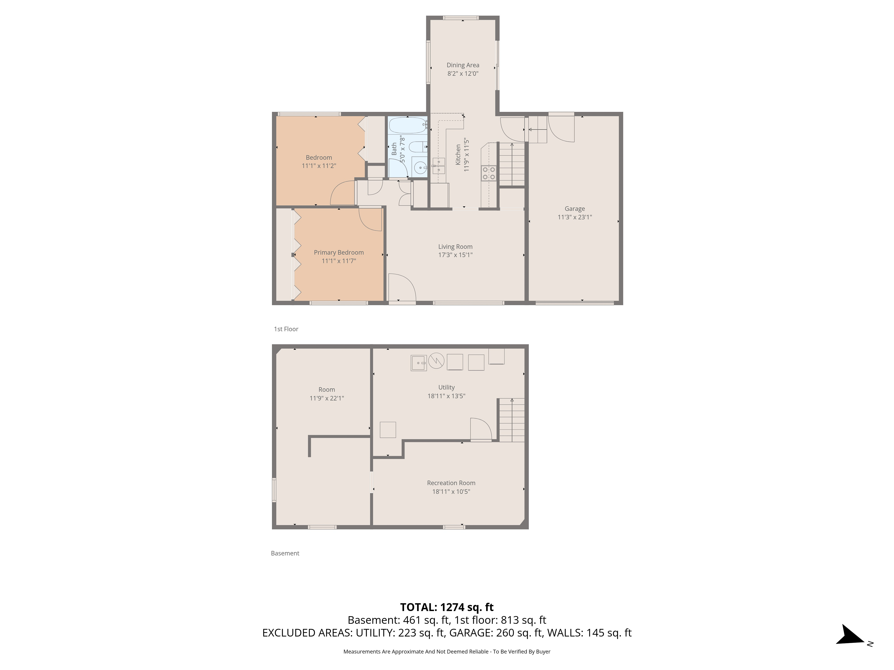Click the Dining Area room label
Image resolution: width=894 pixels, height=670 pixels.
click(x=463, y=65)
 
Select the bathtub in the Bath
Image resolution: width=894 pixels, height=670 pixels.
click(x=408, y=125)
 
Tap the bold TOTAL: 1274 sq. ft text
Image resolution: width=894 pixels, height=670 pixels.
click(x=447, y=607)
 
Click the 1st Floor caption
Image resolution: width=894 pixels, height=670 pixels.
click(x=286, y=329)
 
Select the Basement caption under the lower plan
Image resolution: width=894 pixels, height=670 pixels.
click(x=285, y=553)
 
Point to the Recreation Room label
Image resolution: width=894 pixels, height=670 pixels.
click(x=451, y=483)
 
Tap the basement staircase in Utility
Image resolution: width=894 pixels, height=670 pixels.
click(x=512, y=420)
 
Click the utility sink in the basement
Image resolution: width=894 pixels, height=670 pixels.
click(x=419, y=363)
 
